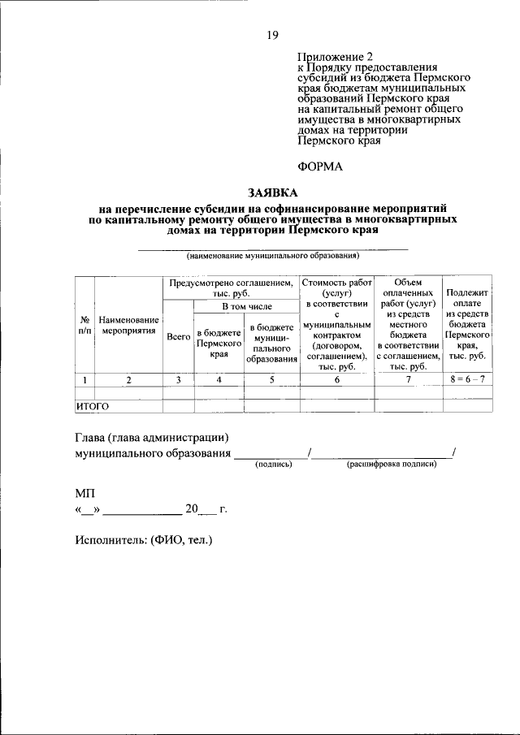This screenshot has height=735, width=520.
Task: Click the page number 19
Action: click(271, 35)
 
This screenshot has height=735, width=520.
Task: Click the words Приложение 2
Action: click(334, 58)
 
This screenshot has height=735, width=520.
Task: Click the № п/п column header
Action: click(84, 326)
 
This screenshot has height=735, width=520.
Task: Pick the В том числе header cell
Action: click(247, 307)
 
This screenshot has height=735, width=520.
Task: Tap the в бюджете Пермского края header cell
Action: click(219, 344)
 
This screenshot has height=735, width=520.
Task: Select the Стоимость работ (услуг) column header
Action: click(336, 288)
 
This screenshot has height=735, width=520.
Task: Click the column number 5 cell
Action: click(272, 379)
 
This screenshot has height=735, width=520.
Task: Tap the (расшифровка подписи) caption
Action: click(392, 464)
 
